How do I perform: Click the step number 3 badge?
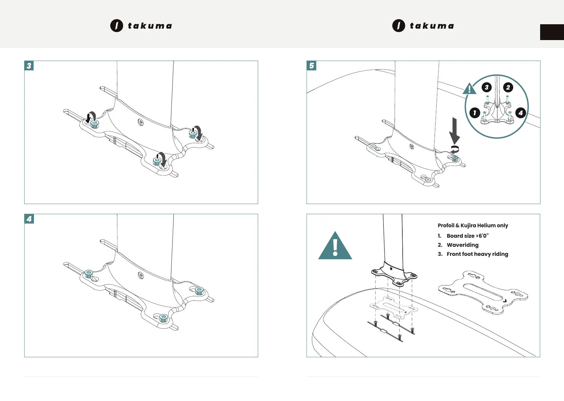point(29,66)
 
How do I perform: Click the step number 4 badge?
point(29,219)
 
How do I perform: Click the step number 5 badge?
point(312,66)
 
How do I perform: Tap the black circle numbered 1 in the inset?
point(475,112)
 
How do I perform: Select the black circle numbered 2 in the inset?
point(508,88)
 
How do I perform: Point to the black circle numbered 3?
point(486,88)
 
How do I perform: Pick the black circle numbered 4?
point(520,112)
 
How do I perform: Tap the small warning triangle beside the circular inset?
point(469,89)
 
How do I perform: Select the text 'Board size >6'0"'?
point(467,236)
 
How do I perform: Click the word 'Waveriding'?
point(462,245)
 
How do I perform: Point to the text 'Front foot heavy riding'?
point(477,254)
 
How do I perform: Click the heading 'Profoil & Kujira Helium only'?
point(473,225)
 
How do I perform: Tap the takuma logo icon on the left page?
point(117,26)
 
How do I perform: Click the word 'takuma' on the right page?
point(432,26)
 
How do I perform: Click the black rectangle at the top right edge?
point(552,32)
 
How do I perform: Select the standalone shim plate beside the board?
point(483,292)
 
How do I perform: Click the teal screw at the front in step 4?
point(163,318)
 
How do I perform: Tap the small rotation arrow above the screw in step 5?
point(454,149)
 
